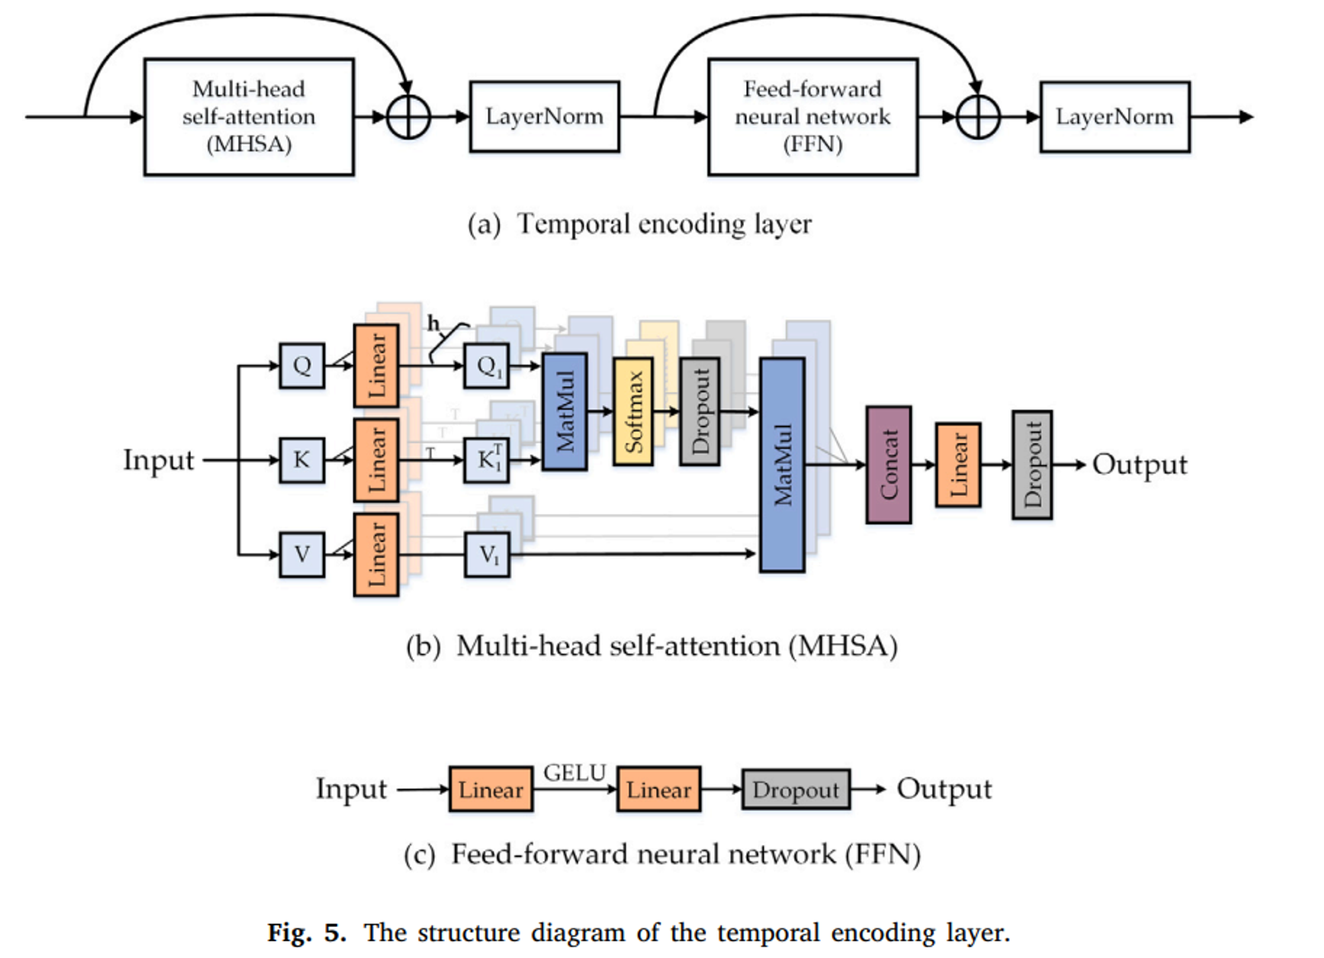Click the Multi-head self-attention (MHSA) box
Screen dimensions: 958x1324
click(249, 117)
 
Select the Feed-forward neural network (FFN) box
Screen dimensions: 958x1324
click(812, 117)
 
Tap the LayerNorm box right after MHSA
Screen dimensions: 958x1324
click(544, 117)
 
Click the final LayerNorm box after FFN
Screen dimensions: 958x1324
click(1114, 117)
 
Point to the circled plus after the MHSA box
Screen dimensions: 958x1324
click(408, 117)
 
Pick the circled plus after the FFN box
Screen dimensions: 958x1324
click(978, 117)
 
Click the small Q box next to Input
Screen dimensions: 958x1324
click(302, 365)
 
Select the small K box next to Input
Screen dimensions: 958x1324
click(302, 460)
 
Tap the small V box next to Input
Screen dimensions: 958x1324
click(302, 555)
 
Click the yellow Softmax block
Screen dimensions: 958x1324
click(633, 411)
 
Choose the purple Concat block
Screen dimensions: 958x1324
click(888, 465)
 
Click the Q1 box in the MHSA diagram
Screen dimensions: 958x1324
click(487, 365)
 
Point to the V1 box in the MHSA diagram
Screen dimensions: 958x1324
click(487, 555)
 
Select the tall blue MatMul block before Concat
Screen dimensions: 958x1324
click(782, 465)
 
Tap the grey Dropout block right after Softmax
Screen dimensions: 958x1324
click(700, 411)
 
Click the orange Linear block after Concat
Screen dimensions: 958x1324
click(958, 465)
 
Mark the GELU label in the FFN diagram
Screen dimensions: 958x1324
click(575, 773)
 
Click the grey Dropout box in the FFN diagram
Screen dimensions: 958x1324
click(796, 789)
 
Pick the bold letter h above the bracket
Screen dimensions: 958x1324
click(434, 324)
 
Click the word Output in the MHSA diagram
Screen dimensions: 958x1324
click(1139, 465)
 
